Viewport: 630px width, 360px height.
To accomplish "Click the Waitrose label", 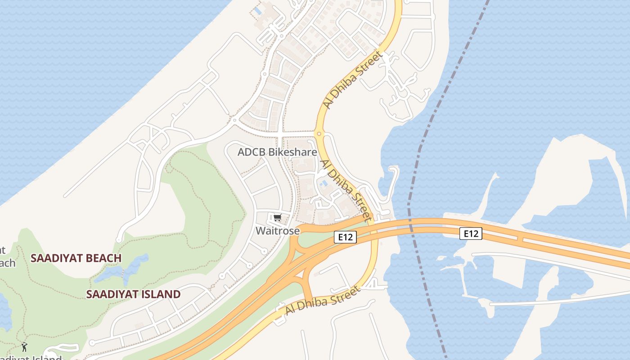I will pyautogui.click(x=278, y=231).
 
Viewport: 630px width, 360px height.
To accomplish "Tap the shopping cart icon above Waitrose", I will pyautogui.click(x=277, y=218).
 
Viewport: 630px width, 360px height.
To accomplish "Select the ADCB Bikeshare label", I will pyautogui.click(x=277, y=152).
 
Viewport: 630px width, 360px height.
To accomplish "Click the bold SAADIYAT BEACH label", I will pyautogui.click(x=76, y=258).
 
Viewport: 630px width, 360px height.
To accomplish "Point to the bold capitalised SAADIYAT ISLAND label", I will pyautogui.click(x=133, y=294).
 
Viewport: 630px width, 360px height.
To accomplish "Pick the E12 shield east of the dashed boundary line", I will pyautogui.click(x=471, y=234).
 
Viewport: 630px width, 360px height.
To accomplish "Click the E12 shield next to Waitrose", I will pyautogui.click(x=345, y=237).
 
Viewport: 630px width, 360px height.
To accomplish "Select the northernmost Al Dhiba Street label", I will pyautogui.click(x=352, y=80).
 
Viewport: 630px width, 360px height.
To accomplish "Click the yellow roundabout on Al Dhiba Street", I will pyautogui.click(x=319, y=134).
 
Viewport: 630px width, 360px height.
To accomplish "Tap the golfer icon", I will pyautogui.click(x=24, y=347).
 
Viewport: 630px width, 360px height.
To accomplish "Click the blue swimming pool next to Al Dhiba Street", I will pyautogui.click(x=323, y=183).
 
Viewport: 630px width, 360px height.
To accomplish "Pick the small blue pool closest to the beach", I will pyautogui.click(x=257, y=10).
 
